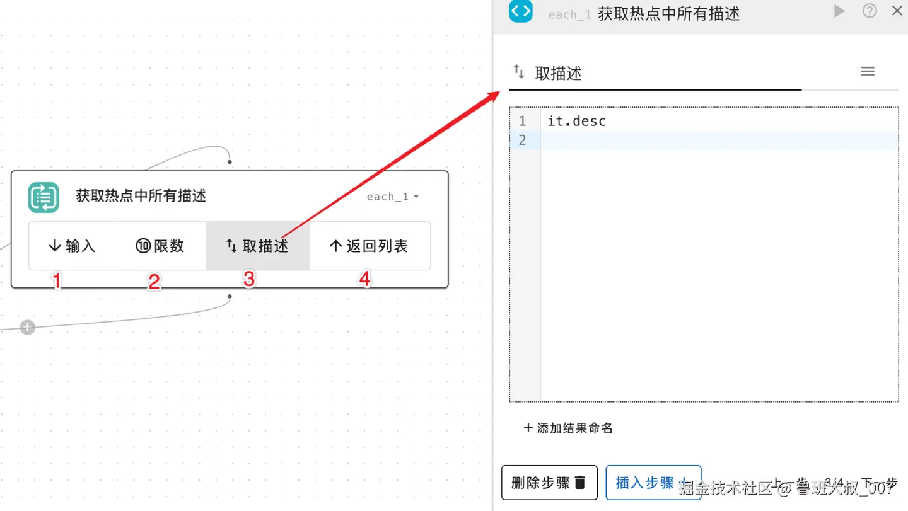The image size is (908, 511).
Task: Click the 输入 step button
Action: (72, 246)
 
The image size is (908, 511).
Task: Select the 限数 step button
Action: (160, 246)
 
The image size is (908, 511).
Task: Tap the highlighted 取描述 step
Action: (257, 246)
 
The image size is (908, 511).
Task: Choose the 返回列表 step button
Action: (369, 246)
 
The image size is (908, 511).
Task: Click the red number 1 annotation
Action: (57, 280)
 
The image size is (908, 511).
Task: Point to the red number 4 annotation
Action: (364, 279)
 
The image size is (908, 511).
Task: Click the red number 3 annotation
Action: (249, 279)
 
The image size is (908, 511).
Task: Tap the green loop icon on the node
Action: (44, 197)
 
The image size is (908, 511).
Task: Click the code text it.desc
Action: (576, 121)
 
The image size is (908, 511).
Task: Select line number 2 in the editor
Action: (522, 140)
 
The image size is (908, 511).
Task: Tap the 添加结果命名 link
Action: (568, 428)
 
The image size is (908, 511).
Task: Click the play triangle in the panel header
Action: (839, 11)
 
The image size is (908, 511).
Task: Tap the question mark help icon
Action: (870, 11)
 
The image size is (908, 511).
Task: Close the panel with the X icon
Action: (897, 11)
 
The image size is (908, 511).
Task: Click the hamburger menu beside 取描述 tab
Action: (868, 72)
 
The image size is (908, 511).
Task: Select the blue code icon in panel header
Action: (521, 11)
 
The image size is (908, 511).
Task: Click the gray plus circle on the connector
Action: (27, 328)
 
